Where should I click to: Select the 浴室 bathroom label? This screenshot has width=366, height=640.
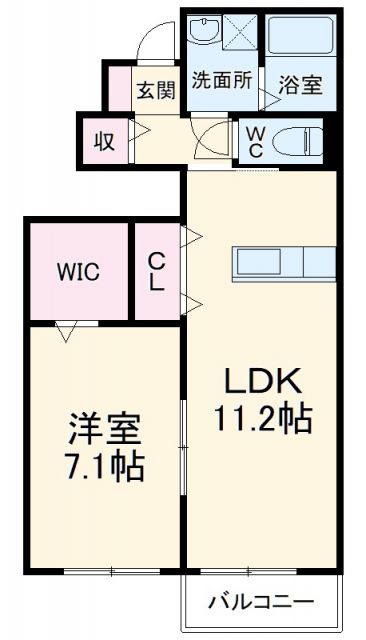click(299, 84)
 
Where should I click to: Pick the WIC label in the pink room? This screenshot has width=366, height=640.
click(77, 272)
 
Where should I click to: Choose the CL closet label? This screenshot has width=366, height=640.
click(157, 270)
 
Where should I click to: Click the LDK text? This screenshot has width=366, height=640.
click(262, 382)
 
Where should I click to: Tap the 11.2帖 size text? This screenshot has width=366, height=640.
click(262, 418)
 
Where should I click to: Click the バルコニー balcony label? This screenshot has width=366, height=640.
click(262, 602)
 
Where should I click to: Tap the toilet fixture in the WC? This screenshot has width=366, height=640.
click(296, 141)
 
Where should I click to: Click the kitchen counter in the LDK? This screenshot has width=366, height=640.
click(284, 263)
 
